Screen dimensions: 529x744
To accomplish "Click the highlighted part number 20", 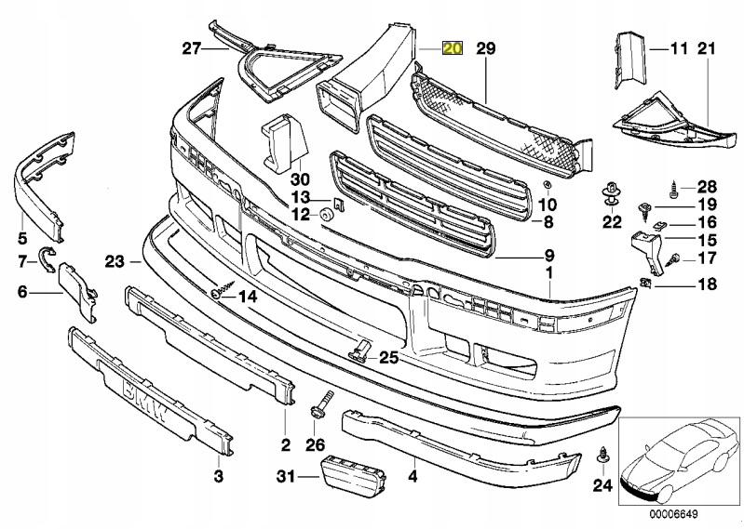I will click(452, 48).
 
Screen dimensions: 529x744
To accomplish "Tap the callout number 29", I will click(485, 48).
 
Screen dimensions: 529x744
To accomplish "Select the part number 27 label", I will click(191, 48).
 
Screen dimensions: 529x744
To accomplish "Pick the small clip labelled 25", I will click(361, 350).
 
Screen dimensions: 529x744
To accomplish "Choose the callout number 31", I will click(285, 477).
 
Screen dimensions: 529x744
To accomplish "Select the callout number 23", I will click(115, 263).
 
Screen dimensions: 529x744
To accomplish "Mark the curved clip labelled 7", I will click(48, 257).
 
